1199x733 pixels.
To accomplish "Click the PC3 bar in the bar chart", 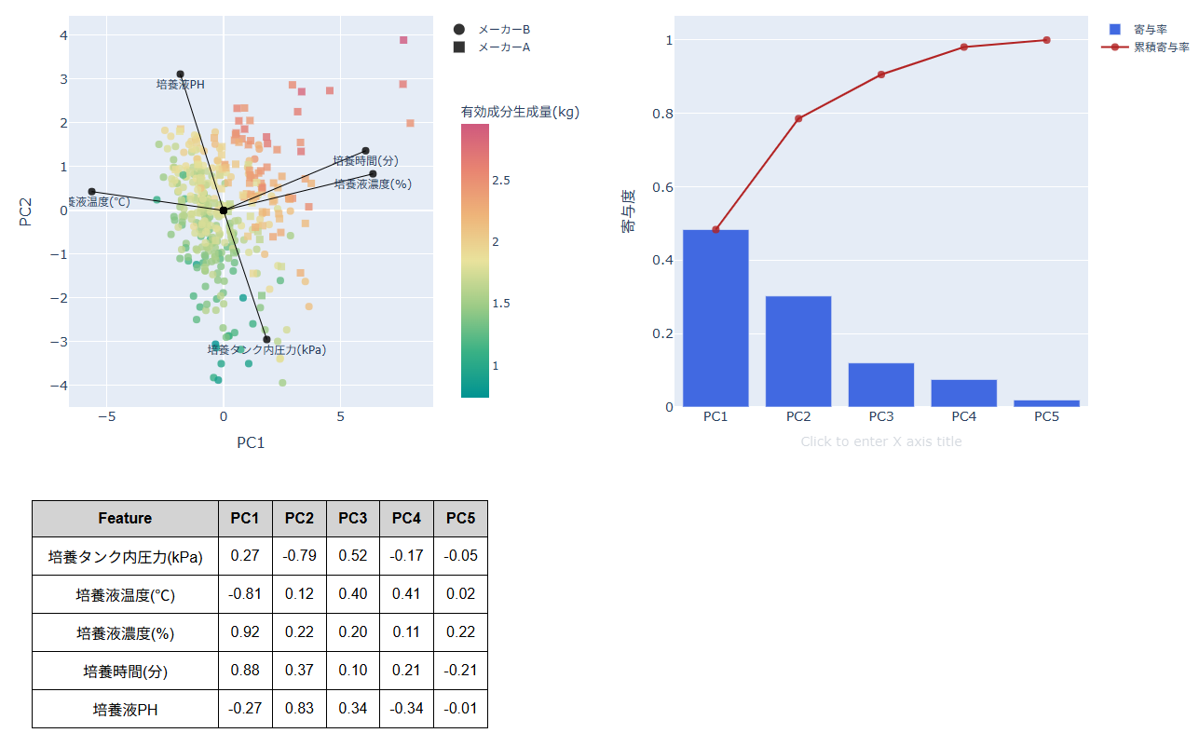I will click(x=880, y=385).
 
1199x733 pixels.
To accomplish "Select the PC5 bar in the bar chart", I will click(x=1046, y=403).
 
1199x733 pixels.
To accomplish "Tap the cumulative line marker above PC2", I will click(x=798, y=118).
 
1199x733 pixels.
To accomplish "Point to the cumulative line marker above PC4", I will click(x=963, y=47).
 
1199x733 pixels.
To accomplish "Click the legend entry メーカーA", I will click(x=503, y=47).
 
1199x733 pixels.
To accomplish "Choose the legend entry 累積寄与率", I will click(x=1161, y=47).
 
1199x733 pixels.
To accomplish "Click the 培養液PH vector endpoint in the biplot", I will click(x=180, y=75).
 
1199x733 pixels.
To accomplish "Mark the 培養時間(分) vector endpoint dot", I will click(x=365, y=151).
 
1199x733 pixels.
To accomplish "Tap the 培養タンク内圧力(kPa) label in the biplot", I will click(x=266, y=350).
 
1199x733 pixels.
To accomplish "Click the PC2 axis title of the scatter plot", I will click(x=26, y=210).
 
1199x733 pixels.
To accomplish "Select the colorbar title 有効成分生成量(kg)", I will click(x=520, y=112).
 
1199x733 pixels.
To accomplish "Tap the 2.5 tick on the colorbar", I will click(x=500, y=180).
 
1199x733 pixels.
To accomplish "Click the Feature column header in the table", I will click(x=125, y=519).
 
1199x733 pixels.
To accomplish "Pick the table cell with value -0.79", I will click(x=299, y=556).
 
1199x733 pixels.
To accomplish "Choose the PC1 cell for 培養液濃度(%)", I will click(x=245, y=632).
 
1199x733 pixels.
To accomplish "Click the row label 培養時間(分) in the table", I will click(x=125, y=671).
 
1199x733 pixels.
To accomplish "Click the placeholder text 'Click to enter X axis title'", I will click(x=880, y=441).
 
